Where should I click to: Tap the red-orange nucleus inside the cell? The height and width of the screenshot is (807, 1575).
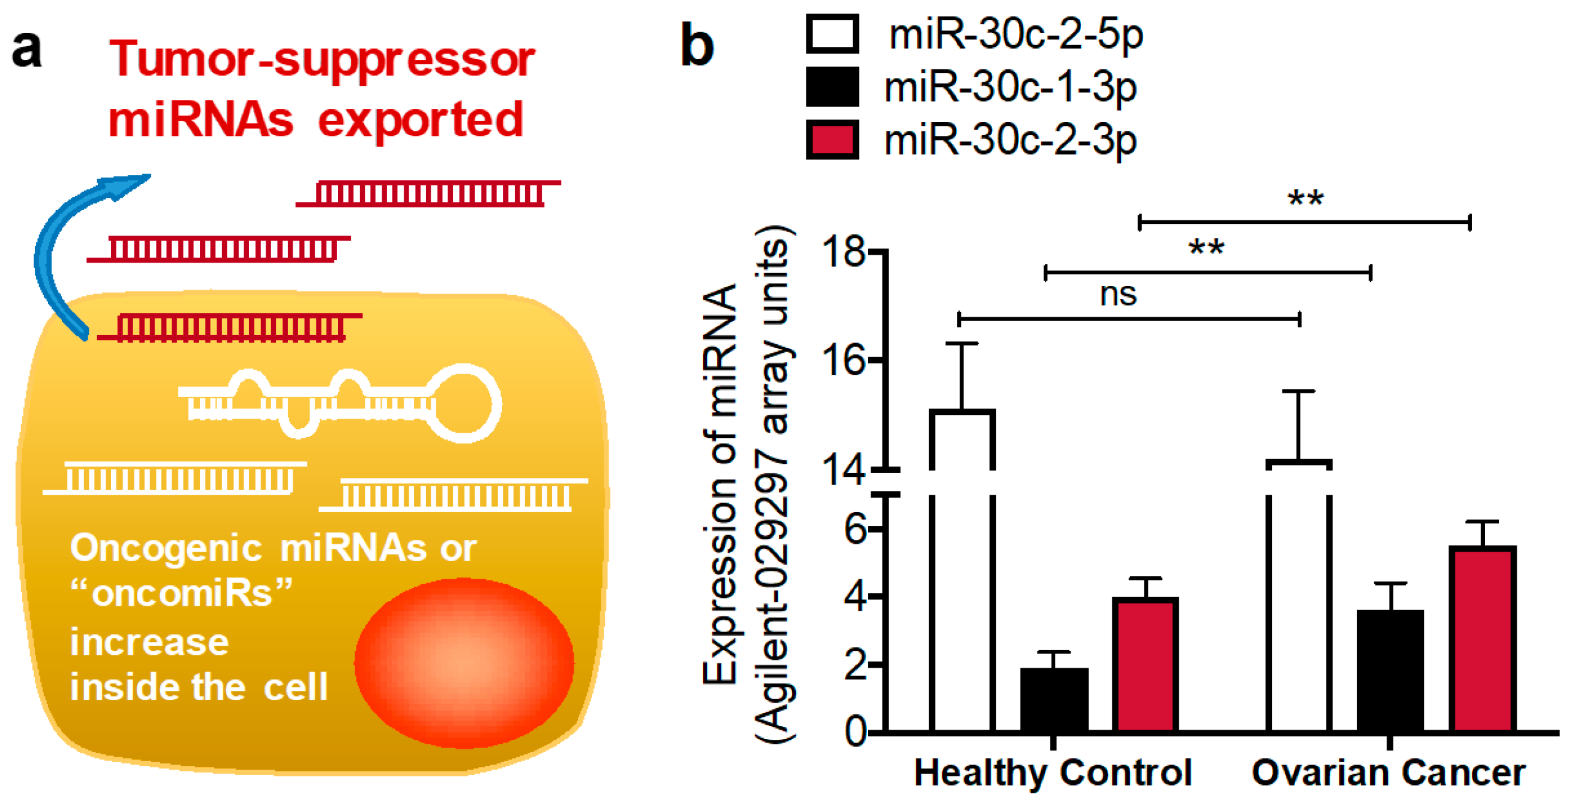coord(464,663)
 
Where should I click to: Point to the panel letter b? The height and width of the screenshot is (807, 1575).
coord(697,44)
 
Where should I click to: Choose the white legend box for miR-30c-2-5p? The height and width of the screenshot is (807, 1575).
coord(832,34)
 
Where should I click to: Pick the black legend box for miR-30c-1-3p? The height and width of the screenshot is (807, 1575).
coord(832,87)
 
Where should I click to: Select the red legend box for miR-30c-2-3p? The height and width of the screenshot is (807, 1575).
coord(832,140)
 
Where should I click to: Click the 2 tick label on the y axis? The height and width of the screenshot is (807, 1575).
coord(855,665)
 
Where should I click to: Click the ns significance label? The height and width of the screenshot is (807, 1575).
coord(1118,295)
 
